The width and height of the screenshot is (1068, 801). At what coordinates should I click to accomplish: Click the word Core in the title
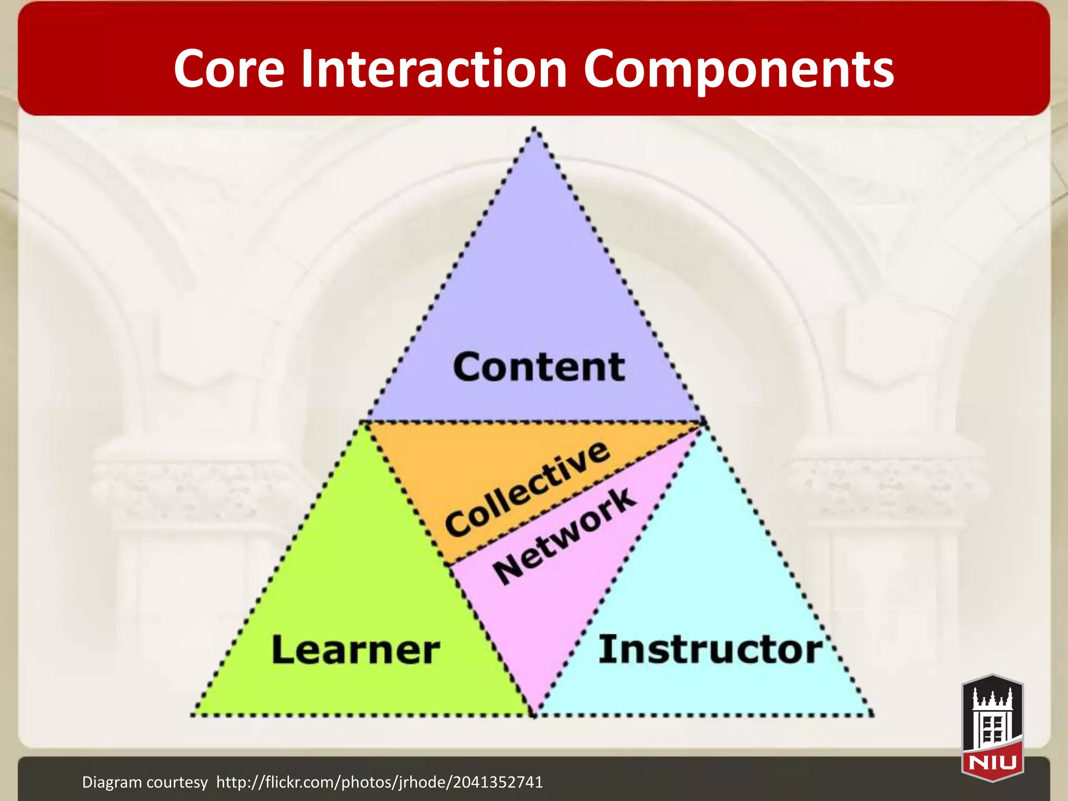point(229,69)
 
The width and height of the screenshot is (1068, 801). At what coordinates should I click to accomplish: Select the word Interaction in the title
point(434,69)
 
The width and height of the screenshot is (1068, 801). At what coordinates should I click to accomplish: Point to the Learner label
point(356,650)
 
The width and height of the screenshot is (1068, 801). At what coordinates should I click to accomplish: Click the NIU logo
point(992,727)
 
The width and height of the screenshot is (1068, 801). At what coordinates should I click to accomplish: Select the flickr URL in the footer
point(379,782)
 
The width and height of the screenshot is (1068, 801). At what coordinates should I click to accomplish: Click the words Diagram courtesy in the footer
point(144,782)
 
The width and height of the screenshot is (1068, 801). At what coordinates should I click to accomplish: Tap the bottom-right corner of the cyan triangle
point(872,714)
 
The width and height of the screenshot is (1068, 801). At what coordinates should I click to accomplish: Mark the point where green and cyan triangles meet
point(534,714)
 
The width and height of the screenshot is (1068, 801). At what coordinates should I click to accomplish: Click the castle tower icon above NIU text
point(992,717)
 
